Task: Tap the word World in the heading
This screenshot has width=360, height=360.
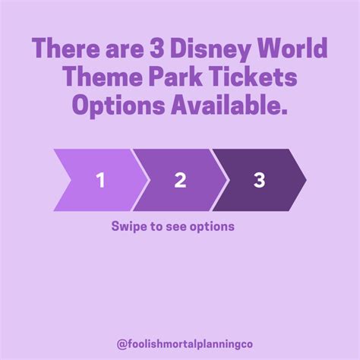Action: [292, 48]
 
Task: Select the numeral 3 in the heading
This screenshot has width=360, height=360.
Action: [157, 49]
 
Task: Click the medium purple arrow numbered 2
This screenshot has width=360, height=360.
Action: [180, 180]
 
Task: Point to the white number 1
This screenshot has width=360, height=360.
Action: [101, 180]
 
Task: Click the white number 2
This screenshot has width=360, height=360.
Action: [180, 180]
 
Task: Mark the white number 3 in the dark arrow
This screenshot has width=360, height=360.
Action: [260, 180]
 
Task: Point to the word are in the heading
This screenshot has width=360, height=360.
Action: [125, 50]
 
